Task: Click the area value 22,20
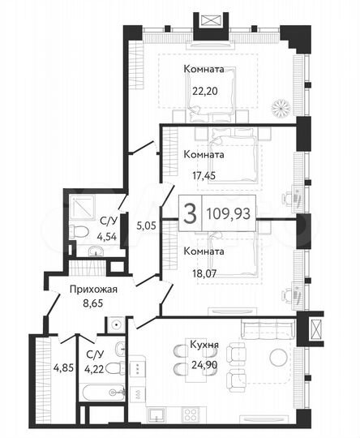pyautogui.click(x=204, y=91)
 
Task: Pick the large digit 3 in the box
pyautogui.click(x=190, y=213)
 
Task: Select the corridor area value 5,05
pyautogui.click(x=145, y=226)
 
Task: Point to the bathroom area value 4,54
pyautogui.click(x=106, y=238)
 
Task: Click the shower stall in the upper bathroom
pyautogui.click(x=83, y=209)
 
